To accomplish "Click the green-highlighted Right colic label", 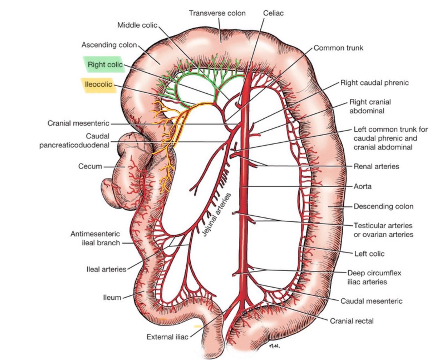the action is pos(105,65).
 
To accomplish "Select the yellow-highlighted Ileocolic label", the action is pos(98,85).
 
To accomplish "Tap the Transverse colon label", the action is pos(217,13).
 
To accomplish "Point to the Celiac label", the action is pos(273,13).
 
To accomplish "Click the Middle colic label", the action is pos(137,25).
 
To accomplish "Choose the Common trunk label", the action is pos(338,48).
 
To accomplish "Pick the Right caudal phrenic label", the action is pos(374,83).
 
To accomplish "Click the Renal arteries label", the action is pos(376,167).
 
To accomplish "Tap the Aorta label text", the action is pos(363,187).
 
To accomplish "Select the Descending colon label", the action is pos(383,207).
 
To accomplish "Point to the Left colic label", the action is pos(369,253).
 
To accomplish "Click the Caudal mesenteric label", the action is pos(371,301).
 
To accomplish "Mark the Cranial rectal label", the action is pos(351,321).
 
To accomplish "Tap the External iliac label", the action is pos(167,337).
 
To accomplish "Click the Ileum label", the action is pos(112,297).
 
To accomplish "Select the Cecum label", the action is pos(90,166).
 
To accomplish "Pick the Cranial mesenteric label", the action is pos(78,123).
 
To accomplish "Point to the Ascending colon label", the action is pos(109,45).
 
